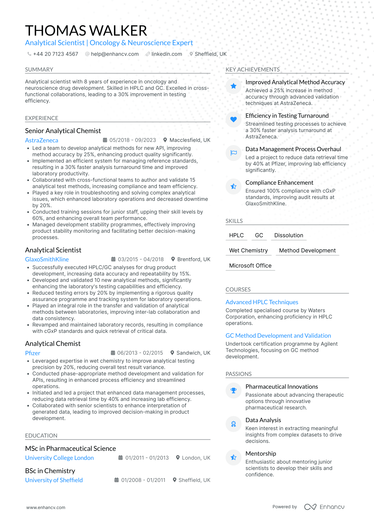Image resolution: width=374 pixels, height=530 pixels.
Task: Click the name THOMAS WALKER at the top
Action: click(x=86, y=31)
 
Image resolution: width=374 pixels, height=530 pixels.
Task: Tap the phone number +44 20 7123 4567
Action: click(x=55, y=54)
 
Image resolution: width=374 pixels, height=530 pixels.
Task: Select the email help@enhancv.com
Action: click(x=115, y=54)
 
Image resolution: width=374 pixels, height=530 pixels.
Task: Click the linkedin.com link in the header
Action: click(x=167, y=54)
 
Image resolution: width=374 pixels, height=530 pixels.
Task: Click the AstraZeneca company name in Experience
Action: click(x=42, y=140)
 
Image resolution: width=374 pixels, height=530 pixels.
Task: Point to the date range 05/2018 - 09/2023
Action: click(x=132, y=140)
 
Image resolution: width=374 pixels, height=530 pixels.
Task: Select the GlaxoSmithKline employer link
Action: click(x=47, y=259)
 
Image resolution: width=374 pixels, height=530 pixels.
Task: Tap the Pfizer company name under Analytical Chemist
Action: click(x=33, y=353)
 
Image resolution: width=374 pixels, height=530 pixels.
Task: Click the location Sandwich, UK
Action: click(x=193, y=353)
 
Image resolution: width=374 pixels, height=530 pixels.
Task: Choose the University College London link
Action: click(x=59, y=458)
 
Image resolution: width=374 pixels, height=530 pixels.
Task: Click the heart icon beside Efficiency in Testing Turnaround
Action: click(x=233, y=120)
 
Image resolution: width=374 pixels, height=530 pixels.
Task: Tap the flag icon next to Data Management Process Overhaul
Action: click(x=233, y=153)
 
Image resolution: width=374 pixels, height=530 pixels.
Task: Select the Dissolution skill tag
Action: click(x=289, y=235)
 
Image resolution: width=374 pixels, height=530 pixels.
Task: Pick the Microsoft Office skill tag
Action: click(x=250, y=266)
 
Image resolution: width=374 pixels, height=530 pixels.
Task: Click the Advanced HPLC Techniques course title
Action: click(x=262, y=302)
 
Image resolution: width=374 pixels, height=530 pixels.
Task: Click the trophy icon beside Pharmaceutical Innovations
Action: click(x=233, y=390)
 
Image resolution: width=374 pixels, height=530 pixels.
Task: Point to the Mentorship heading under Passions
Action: click(x=261, y=453)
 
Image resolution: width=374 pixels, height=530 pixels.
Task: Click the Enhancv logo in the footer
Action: click(x=324, y=507)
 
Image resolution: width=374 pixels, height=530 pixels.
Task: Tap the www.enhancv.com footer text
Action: click(x=46, y=507)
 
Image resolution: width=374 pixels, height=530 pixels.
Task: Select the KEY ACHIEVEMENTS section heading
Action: click(x=253, y=70)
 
